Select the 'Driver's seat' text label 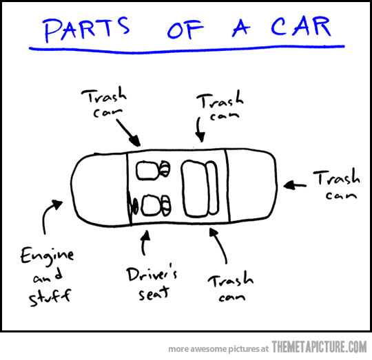point(152,284)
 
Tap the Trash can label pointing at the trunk point(335,184)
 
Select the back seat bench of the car point(198,186)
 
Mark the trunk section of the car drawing point(251,185)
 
